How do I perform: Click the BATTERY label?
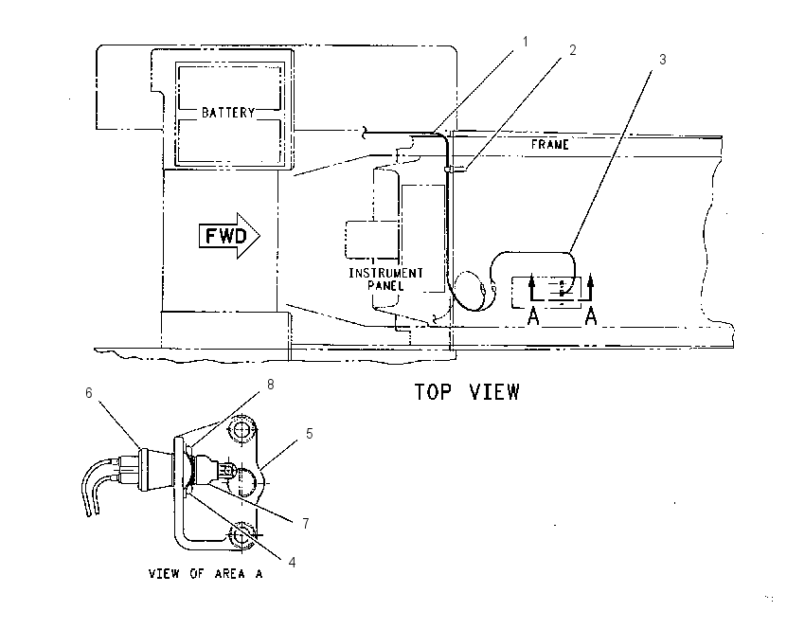click(228, 113)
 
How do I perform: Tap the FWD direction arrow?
click(229, 236)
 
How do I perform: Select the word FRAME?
click(550, 144)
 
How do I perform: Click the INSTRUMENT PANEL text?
click(386, 279)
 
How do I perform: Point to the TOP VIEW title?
click(467, 392)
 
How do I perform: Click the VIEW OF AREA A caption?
click(206, 573)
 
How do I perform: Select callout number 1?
click(525, 41)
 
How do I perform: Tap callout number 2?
click(572, 50)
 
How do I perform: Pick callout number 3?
click(662, 60)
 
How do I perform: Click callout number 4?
click(292, 563)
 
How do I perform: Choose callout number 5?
click(309, 433)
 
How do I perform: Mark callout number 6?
click(89, 393)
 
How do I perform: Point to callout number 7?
click(306, 523)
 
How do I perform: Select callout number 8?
click(271, 384)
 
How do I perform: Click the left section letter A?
click(534, 316)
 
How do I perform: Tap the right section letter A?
click(591, 316)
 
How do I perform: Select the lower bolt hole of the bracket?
click(241, 536)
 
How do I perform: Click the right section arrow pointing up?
click(591, 288)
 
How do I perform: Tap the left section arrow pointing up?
click(532, 288)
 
